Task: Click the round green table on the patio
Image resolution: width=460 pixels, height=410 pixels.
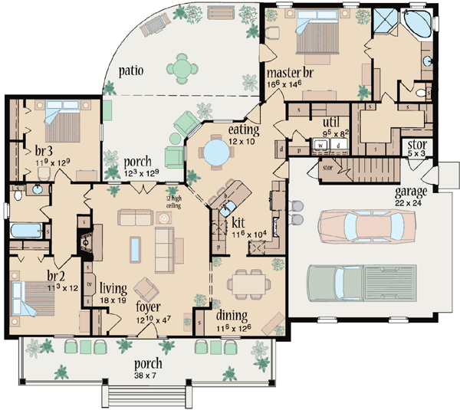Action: [x=182, y=69]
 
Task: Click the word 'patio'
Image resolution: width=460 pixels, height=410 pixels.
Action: [x=131, y=72]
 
